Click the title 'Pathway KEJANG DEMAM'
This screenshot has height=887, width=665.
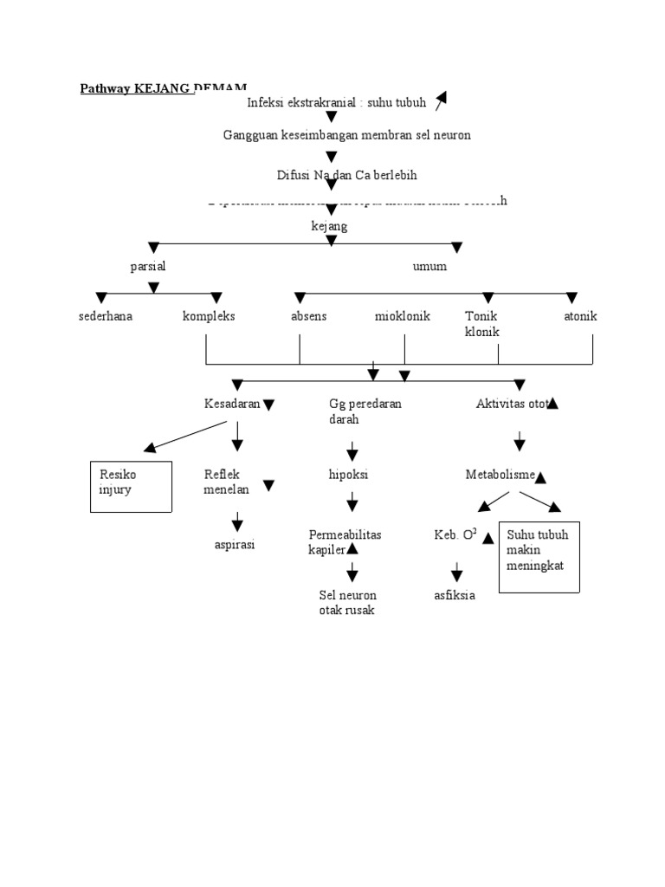tap(163, 87)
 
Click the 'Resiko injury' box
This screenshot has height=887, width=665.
tap(131, 486)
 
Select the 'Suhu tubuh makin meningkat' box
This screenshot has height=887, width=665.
tap(539, 556)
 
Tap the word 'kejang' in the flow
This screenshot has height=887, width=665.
tap(329, 226)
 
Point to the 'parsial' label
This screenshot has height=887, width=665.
tap(148, 267)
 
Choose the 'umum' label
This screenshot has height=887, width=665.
tap(430, 267)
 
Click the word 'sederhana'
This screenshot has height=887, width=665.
tap(106, 316)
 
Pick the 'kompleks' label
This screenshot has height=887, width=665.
tap(209, 316)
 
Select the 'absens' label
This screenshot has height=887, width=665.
tap(309, 316)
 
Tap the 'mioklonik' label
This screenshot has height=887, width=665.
tap(402, 316)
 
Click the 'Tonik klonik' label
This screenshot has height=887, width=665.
tap(482, 324)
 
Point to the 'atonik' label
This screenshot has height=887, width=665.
tap(580, 316)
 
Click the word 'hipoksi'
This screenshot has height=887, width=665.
tap(349, 474)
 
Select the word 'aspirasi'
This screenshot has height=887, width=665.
tap(235, 545)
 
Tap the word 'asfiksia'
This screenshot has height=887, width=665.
tap(455, 595)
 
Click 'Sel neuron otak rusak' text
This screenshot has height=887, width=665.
tap(347, 602)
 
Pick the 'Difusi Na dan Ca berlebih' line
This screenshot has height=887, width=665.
tap(346, 175)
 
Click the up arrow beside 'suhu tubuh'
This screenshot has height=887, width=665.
tap(441, 101)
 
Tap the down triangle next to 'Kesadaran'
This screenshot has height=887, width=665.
tap(268, 405)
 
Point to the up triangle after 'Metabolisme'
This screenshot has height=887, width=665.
tap(541, 476)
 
